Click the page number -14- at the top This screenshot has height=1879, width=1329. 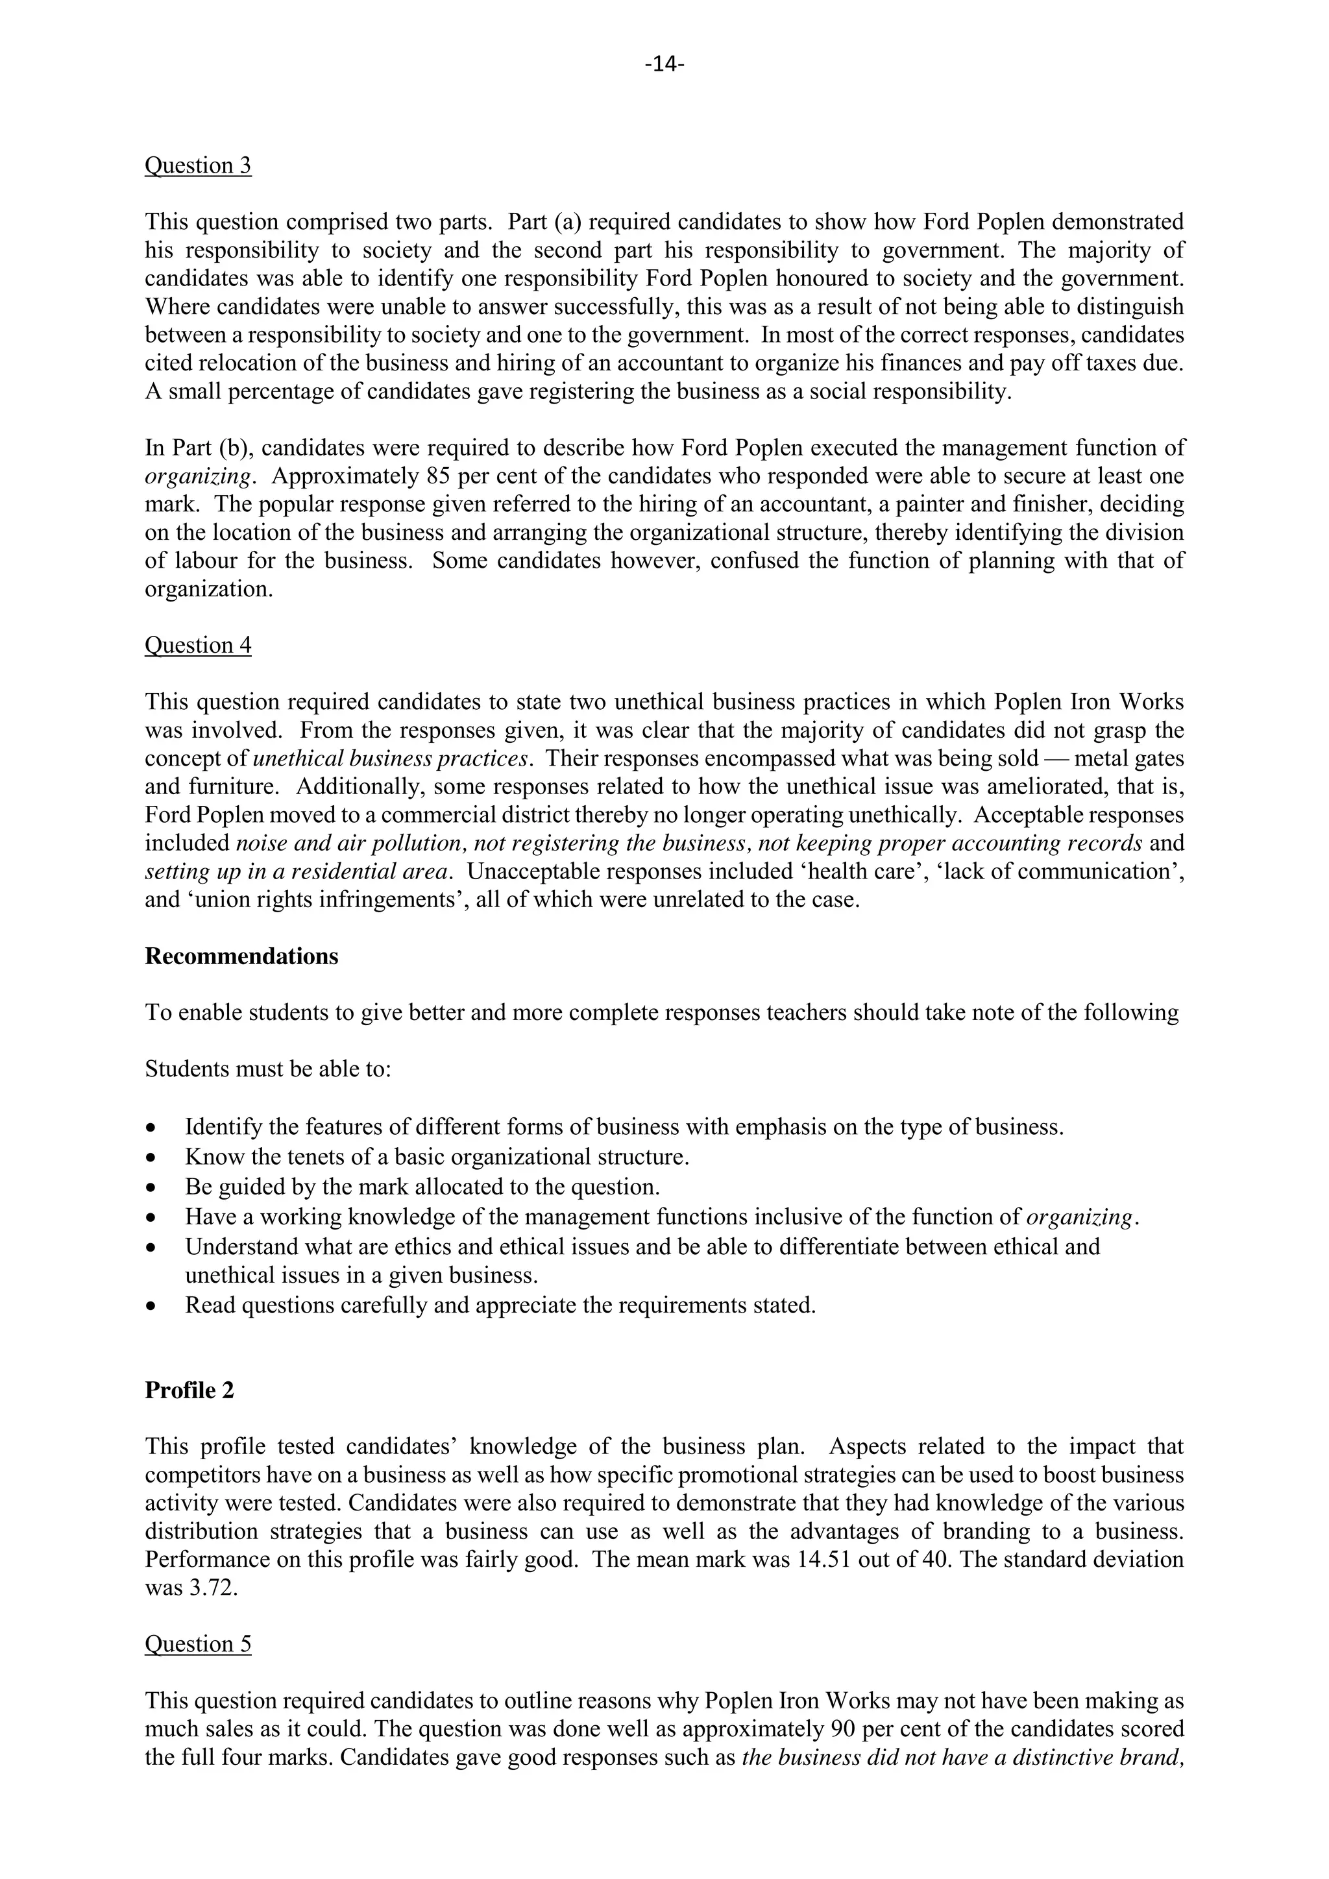tap(664, 64)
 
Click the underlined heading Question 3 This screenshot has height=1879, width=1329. tap(197, 165)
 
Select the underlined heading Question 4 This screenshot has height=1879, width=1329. tap(197, 645)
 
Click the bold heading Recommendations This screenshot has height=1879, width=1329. tap(241, 956)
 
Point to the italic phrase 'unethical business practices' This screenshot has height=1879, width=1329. tap(392, 758)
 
